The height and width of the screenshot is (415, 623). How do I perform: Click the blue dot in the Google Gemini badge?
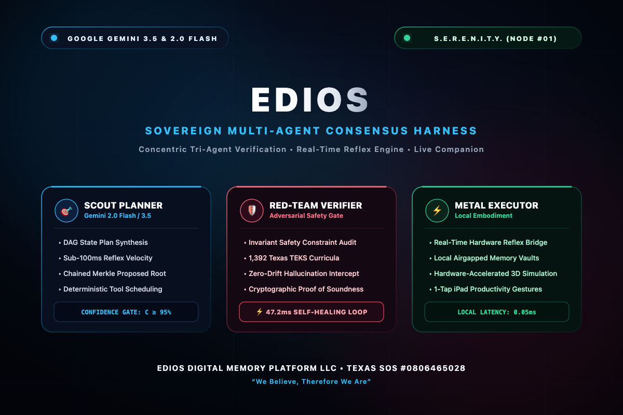(54, 38)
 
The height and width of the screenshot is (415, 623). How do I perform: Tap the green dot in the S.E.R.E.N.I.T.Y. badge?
(407, 38)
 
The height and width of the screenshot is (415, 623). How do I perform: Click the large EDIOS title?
(310, 100)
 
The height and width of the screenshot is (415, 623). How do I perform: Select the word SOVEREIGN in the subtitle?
(184, 131)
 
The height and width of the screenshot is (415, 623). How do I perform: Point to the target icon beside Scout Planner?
(66, 211)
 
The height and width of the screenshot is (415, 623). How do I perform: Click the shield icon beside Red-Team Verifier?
(252, 211)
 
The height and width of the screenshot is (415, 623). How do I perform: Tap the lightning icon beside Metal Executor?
(437, 211)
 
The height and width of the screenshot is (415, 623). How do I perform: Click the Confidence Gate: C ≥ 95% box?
(126, 312)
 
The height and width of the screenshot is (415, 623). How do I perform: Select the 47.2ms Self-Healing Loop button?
(311, 312)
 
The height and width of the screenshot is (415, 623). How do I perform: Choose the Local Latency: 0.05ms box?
(497, 312)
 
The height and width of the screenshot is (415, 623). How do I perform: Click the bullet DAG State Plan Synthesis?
(103, 242)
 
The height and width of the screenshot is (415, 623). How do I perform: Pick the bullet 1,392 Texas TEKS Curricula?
(291, 258)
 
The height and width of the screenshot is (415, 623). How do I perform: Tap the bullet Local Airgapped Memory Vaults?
(484, 258)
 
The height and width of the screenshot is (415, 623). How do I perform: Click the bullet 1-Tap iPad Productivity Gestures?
(485, 289)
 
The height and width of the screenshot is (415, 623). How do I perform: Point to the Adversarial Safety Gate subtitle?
(306, 216)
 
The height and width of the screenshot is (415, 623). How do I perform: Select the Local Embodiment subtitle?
(483, 216)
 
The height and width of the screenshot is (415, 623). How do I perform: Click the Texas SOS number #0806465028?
(433, 368)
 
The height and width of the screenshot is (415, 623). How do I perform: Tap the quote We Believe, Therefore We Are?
(311, 381)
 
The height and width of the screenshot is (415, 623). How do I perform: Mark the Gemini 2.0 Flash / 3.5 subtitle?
(118, 216)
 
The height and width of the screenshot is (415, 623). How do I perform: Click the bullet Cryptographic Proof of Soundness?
(304, 289)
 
